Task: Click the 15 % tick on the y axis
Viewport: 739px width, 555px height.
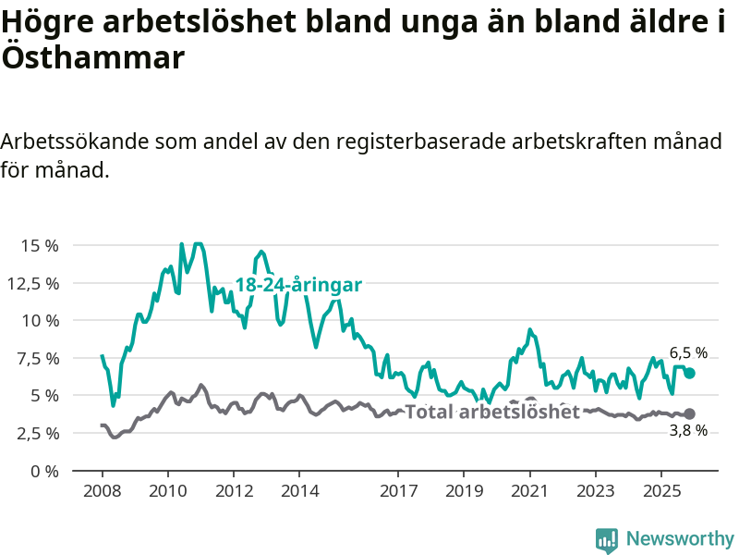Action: pos(40,246)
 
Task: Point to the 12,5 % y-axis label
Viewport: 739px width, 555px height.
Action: pos(34,283)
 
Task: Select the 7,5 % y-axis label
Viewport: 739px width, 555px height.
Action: pos(37,358)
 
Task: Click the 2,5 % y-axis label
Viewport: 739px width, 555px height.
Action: pos(37,433)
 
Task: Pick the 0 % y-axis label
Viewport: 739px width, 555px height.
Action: pos(44,471)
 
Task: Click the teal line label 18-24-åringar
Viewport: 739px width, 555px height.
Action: pos(298,285)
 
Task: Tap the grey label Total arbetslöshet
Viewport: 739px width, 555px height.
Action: pos(492,412)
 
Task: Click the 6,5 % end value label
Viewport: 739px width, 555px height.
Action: pos(688,353)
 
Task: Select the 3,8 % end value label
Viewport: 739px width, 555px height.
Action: pos(688,430)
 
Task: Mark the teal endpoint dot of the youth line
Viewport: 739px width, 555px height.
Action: pos(689,373)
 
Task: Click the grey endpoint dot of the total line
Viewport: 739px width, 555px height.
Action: pos(689,413)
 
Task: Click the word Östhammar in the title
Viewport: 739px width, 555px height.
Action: pos(93,57)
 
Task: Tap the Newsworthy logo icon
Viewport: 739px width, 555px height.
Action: pos(607,539)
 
